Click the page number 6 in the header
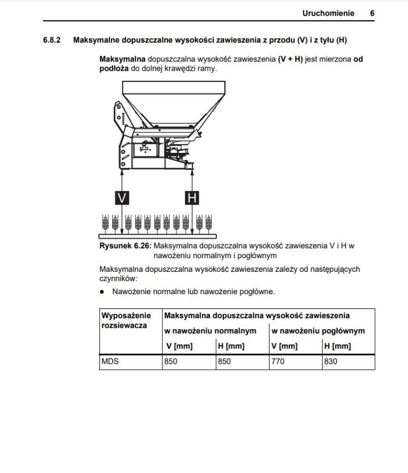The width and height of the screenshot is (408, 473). click(372, 13)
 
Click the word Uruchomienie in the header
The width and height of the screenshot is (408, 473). click(328, 13)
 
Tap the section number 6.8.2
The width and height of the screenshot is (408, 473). click(52, 40)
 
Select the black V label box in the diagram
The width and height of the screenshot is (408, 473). click(122, 198)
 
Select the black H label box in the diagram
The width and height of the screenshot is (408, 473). click(191, 198)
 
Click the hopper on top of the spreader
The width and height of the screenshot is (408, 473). click(173, 104)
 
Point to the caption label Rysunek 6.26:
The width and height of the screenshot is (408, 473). click(125, 246)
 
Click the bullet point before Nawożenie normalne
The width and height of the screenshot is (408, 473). click(102, 292)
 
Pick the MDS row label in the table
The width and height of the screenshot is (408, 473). click(110, 362)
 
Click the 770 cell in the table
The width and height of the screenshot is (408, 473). click(278, 362)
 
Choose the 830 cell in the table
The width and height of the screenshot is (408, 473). click(331, 362)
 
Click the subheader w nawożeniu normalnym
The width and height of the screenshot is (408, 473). click(210, 331)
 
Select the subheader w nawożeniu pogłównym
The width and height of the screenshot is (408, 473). click(318, 331)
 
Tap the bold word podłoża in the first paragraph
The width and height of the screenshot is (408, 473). click(114, 68)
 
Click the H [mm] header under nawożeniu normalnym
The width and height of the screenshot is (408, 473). click(231, 346)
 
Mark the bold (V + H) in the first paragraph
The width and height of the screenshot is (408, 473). click(290, 59)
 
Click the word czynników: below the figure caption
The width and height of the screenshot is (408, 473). click(118, 278)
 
